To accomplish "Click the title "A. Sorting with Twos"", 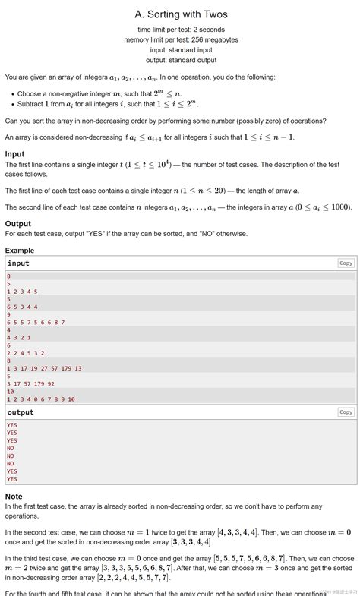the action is [181, 14].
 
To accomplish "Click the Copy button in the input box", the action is [346, 263].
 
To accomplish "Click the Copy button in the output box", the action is [346, 412].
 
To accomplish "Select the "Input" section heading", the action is [14, 154].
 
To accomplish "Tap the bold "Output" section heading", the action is [18, 224].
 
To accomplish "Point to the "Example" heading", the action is [20, 251].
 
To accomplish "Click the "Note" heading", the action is [14, 497].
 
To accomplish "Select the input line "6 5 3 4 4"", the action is [22, 307].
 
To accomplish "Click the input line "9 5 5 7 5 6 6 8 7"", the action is [36, 322].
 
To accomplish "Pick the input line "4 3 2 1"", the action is [19, 338].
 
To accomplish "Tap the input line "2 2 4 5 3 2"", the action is [26, 353].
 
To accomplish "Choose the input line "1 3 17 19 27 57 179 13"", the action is [44, 368].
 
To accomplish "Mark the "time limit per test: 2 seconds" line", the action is [181, 29].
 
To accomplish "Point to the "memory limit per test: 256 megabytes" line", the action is [181, 39].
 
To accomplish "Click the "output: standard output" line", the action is [181, 60].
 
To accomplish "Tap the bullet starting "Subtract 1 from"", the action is [106, 104].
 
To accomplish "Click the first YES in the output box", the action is [12, 425].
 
